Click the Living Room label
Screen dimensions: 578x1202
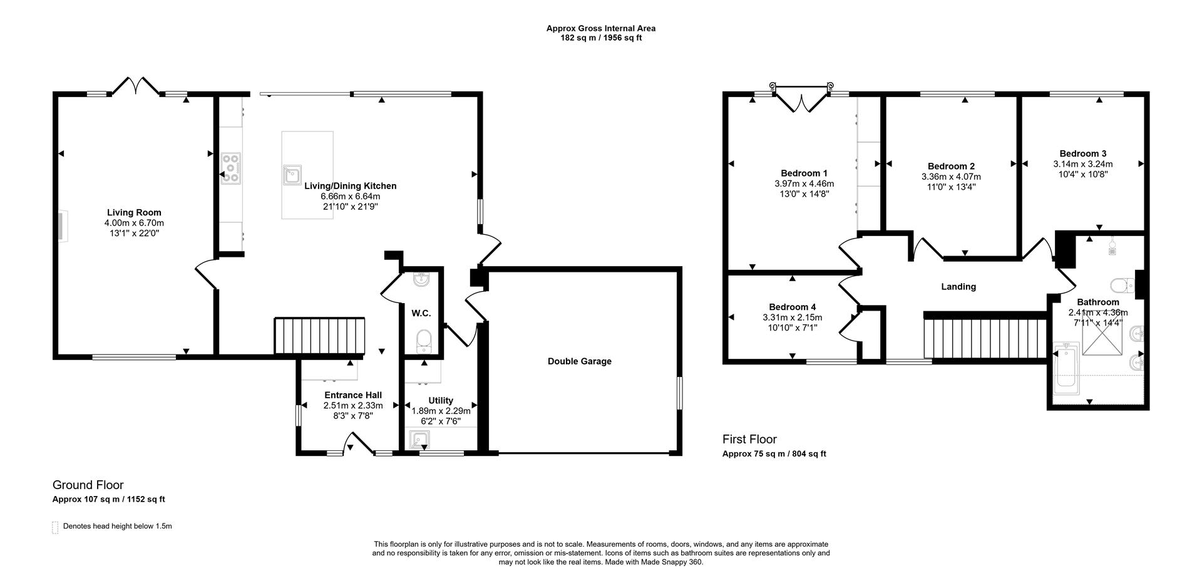pyautogui.click(x=134, y=213)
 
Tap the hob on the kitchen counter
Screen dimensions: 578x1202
pyautogui.click(x=231, y=168)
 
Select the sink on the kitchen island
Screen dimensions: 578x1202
pyautogui.click(x=292, y=175)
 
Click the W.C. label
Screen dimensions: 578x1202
pyautogui.click(x=421, y=313)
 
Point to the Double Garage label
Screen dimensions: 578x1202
pyautogui.click(x=579, y=361)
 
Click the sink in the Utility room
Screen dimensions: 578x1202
pyautogui.click(x=418, y=440)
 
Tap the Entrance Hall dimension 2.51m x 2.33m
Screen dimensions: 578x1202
pyautogui.click(x=353, y=406)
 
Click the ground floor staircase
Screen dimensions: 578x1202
pyautogui.click(x=320, y=336)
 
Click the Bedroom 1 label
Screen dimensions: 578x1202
pyautogui.click(x=804, y=173)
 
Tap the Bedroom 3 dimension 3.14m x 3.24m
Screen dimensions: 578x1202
pyautogui.click(x=1082, y=164)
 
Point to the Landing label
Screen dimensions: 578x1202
pyautogui.click(x=958, y=287)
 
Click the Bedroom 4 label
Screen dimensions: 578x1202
pyautogui.click(x=792, y=307)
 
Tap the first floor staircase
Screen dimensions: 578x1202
pyautogui.click(x=985, y=338)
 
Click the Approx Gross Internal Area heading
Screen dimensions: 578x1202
pyautogui.click(x=600, y=28)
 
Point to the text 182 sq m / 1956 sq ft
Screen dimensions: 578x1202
pyautogui.click(x=600, y=38)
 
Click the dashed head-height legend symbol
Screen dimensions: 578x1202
pyautogui.click(x=55, y=527)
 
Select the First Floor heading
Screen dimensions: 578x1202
pyautogui.click(x=749, y=440)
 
